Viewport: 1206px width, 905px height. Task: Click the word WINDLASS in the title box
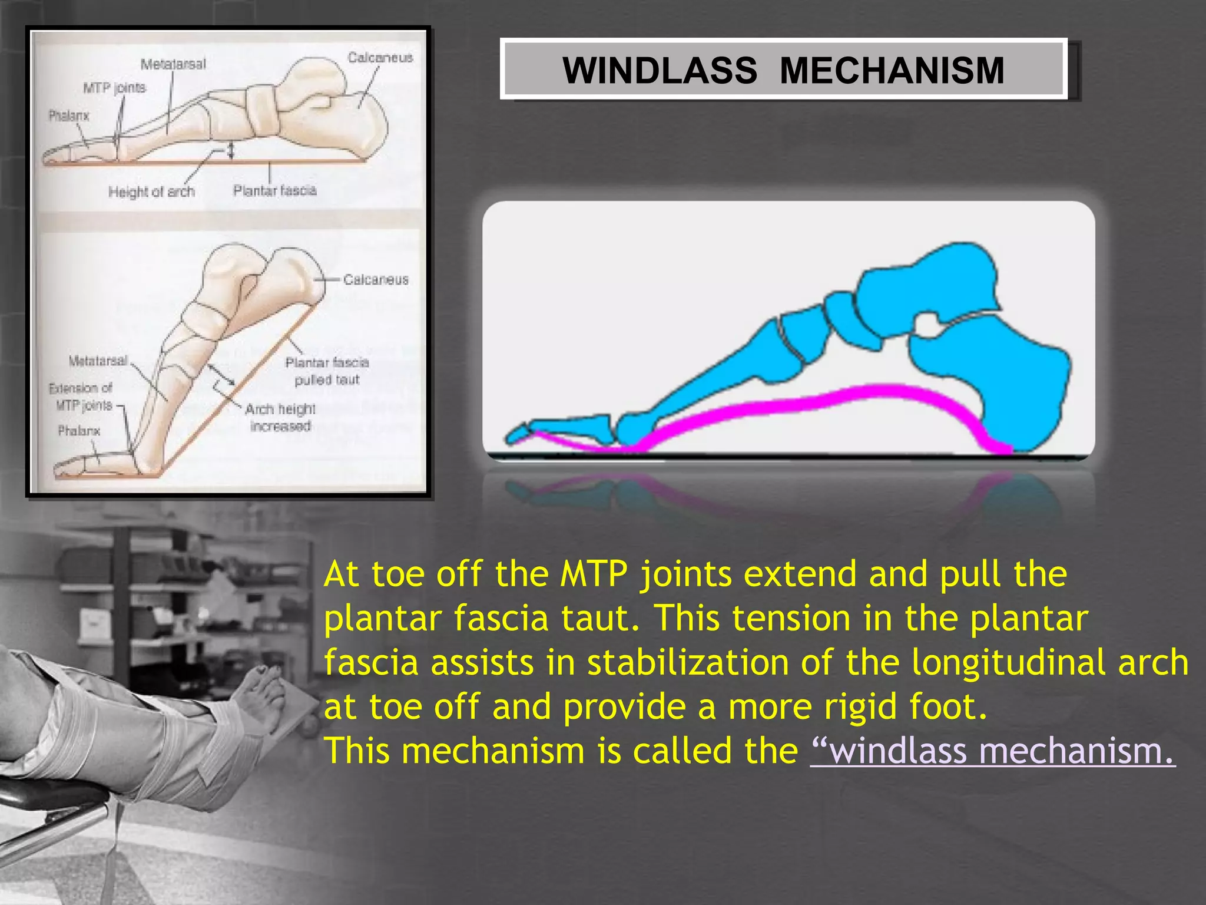pyautogui.click(x=660, y=71)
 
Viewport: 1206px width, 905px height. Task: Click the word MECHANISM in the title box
pyautogui.click(x=892, y=71)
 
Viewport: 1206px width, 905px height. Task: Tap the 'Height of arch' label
pyautogui.click(x=151, y=191)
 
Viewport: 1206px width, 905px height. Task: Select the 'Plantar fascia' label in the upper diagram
pyautogui.click(x=274, y=190)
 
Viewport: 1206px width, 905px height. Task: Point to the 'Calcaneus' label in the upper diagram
pyautogui.click(x=380, y=58)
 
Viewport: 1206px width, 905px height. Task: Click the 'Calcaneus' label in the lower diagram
pyautogui.click(x=376, y=279)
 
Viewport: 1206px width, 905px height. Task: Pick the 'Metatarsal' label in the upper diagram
pyautogui.click(x=173, y=64)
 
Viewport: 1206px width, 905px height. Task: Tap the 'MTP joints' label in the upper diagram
pyautogui.click(x=114, y=88)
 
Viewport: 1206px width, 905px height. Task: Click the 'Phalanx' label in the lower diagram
pyautogui.click(x=79, y=431)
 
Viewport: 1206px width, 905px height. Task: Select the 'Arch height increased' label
pyautogui.click(x=280, y=417)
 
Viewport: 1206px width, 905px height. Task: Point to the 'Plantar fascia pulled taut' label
pyautogui.click(x=327, y=371)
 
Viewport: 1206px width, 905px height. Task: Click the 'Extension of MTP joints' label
pyautogui.click(x=81, y=397)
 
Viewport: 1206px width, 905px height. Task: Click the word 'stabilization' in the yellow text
pyautogui.click(x=688, y=662)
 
